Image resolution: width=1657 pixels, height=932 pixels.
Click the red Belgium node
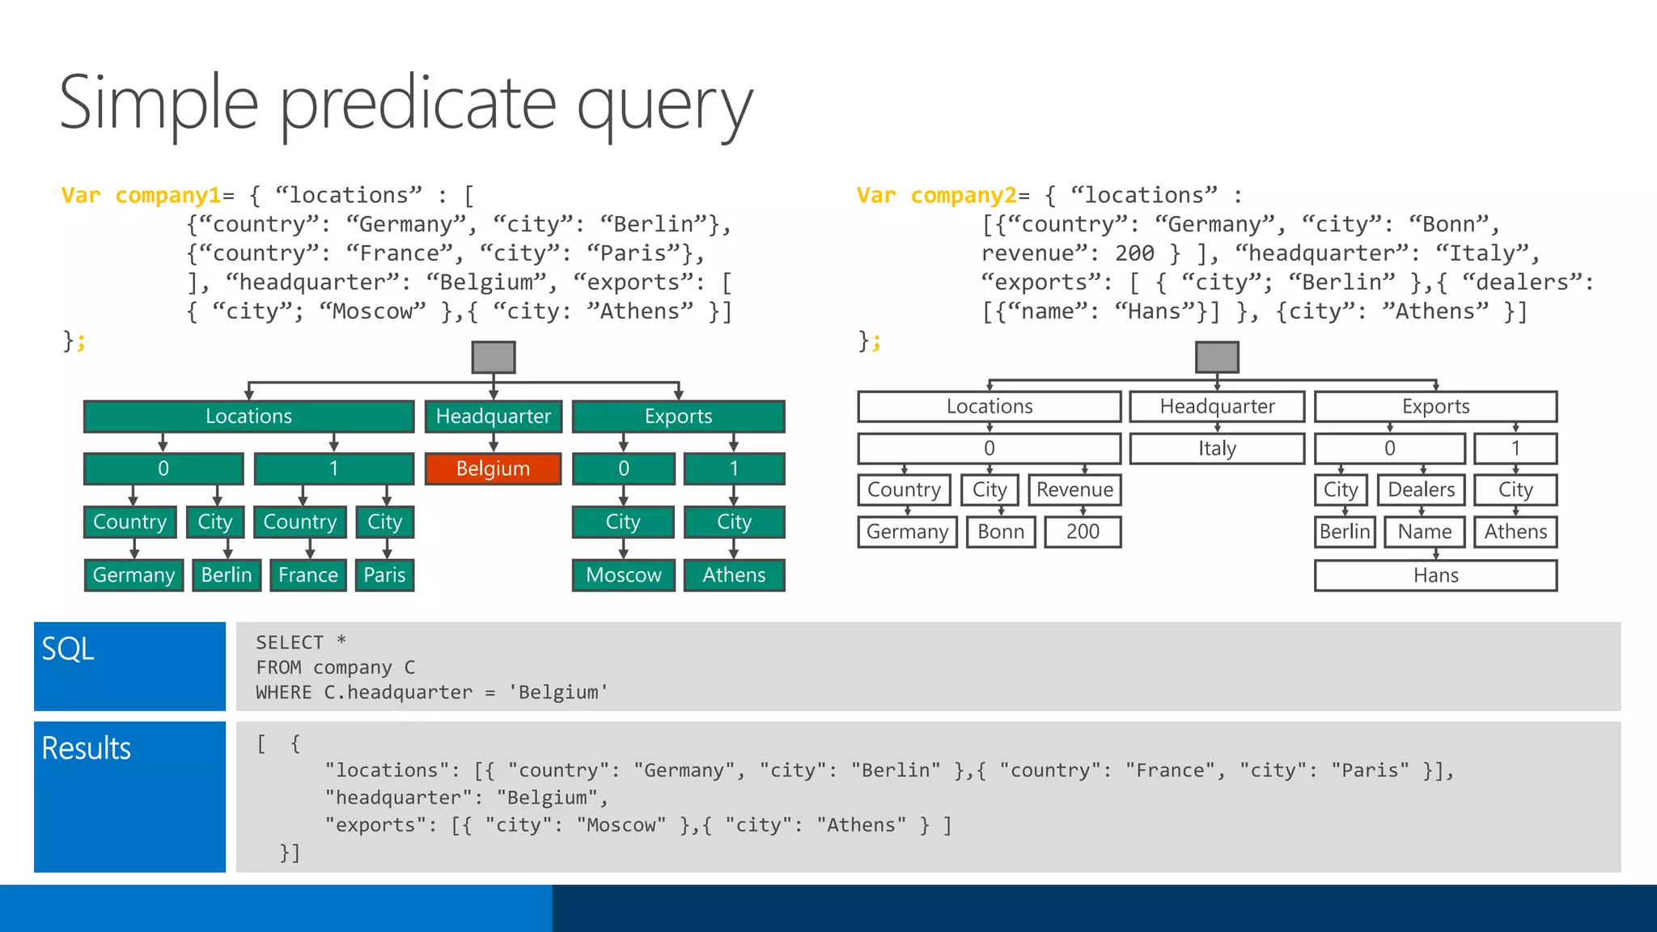point(493,468)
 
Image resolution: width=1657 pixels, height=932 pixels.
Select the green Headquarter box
point(493,416)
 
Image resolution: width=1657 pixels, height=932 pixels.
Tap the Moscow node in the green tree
point(623,574)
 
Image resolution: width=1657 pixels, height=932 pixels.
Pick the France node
point(307,574)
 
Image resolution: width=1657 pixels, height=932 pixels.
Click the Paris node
point(384,574)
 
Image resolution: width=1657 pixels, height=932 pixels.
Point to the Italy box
point(1217,448)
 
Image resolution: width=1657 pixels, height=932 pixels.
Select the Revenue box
point(1074,489)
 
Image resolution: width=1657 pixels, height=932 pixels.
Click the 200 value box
point(1083,532)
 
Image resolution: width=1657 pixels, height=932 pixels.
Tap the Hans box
point(1435,575)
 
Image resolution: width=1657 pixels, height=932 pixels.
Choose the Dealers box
point(1421,489)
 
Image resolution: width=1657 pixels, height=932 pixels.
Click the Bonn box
point(1001,532)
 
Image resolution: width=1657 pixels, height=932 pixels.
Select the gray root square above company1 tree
point(494,357)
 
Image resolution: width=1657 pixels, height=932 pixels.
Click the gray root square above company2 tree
point(1217,357)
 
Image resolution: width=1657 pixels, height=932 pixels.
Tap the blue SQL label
point(69,649)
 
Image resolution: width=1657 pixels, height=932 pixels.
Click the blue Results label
point(87,748)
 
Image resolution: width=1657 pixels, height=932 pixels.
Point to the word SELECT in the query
point(290,642)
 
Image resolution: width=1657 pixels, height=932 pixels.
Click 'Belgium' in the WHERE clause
point(558,693)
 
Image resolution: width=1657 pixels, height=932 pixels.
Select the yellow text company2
point(963,195)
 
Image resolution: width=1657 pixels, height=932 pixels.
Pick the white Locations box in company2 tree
point(990,406)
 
